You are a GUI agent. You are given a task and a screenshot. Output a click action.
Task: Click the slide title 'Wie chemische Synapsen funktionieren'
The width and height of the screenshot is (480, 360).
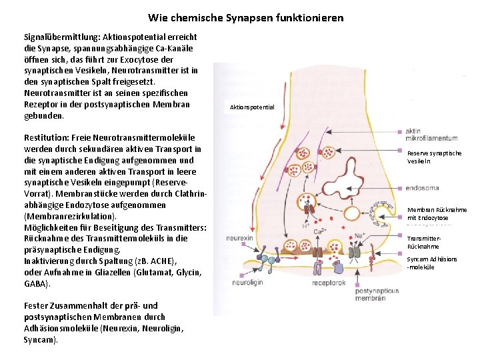(x=246, y=17)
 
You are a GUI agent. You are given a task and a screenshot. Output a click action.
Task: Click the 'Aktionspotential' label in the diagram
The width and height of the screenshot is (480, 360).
(x=251, y=107)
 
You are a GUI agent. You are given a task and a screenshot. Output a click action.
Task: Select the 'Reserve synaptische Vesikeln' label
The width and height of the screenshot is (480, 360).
(x=434, y=157)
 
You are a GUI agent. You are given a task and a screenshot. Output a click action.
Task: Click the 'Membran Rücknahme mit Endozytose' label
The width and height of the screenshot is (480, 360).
(x=437, y=213)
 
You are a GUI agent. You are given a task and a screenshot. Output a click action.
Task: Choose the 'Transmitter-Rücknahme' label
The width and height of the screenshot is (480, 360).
(x=424, y=242)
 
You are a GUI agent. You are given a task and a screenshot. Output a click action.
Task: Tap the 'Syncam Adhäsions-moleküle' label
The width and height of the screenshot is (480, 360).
(x=431, y=263)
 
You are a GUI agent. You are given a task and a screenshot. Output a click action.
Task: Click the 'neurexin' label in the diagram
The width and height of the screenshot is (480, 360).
(x=239, y=238)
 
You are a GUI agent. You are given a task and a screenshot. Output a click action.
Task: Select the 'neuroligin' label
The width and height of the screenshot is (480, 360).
(x=247, y=283)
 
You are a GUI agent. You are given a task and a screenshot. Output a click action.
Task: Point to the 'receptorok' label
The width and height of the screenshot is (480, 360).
(x=329, y=283)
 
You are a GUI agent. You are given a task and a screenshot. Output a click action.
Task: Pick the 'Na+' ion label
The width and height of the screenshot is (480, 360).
(x=361, y=234)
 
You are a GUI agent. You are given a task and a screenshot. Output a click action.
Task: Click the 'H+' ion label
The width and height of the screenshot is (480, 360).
(x=305, y=225)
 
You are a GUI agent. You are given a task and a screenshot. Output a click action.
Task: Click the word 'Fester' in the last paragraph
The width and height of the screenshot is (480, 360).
(x=35, y=306)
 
